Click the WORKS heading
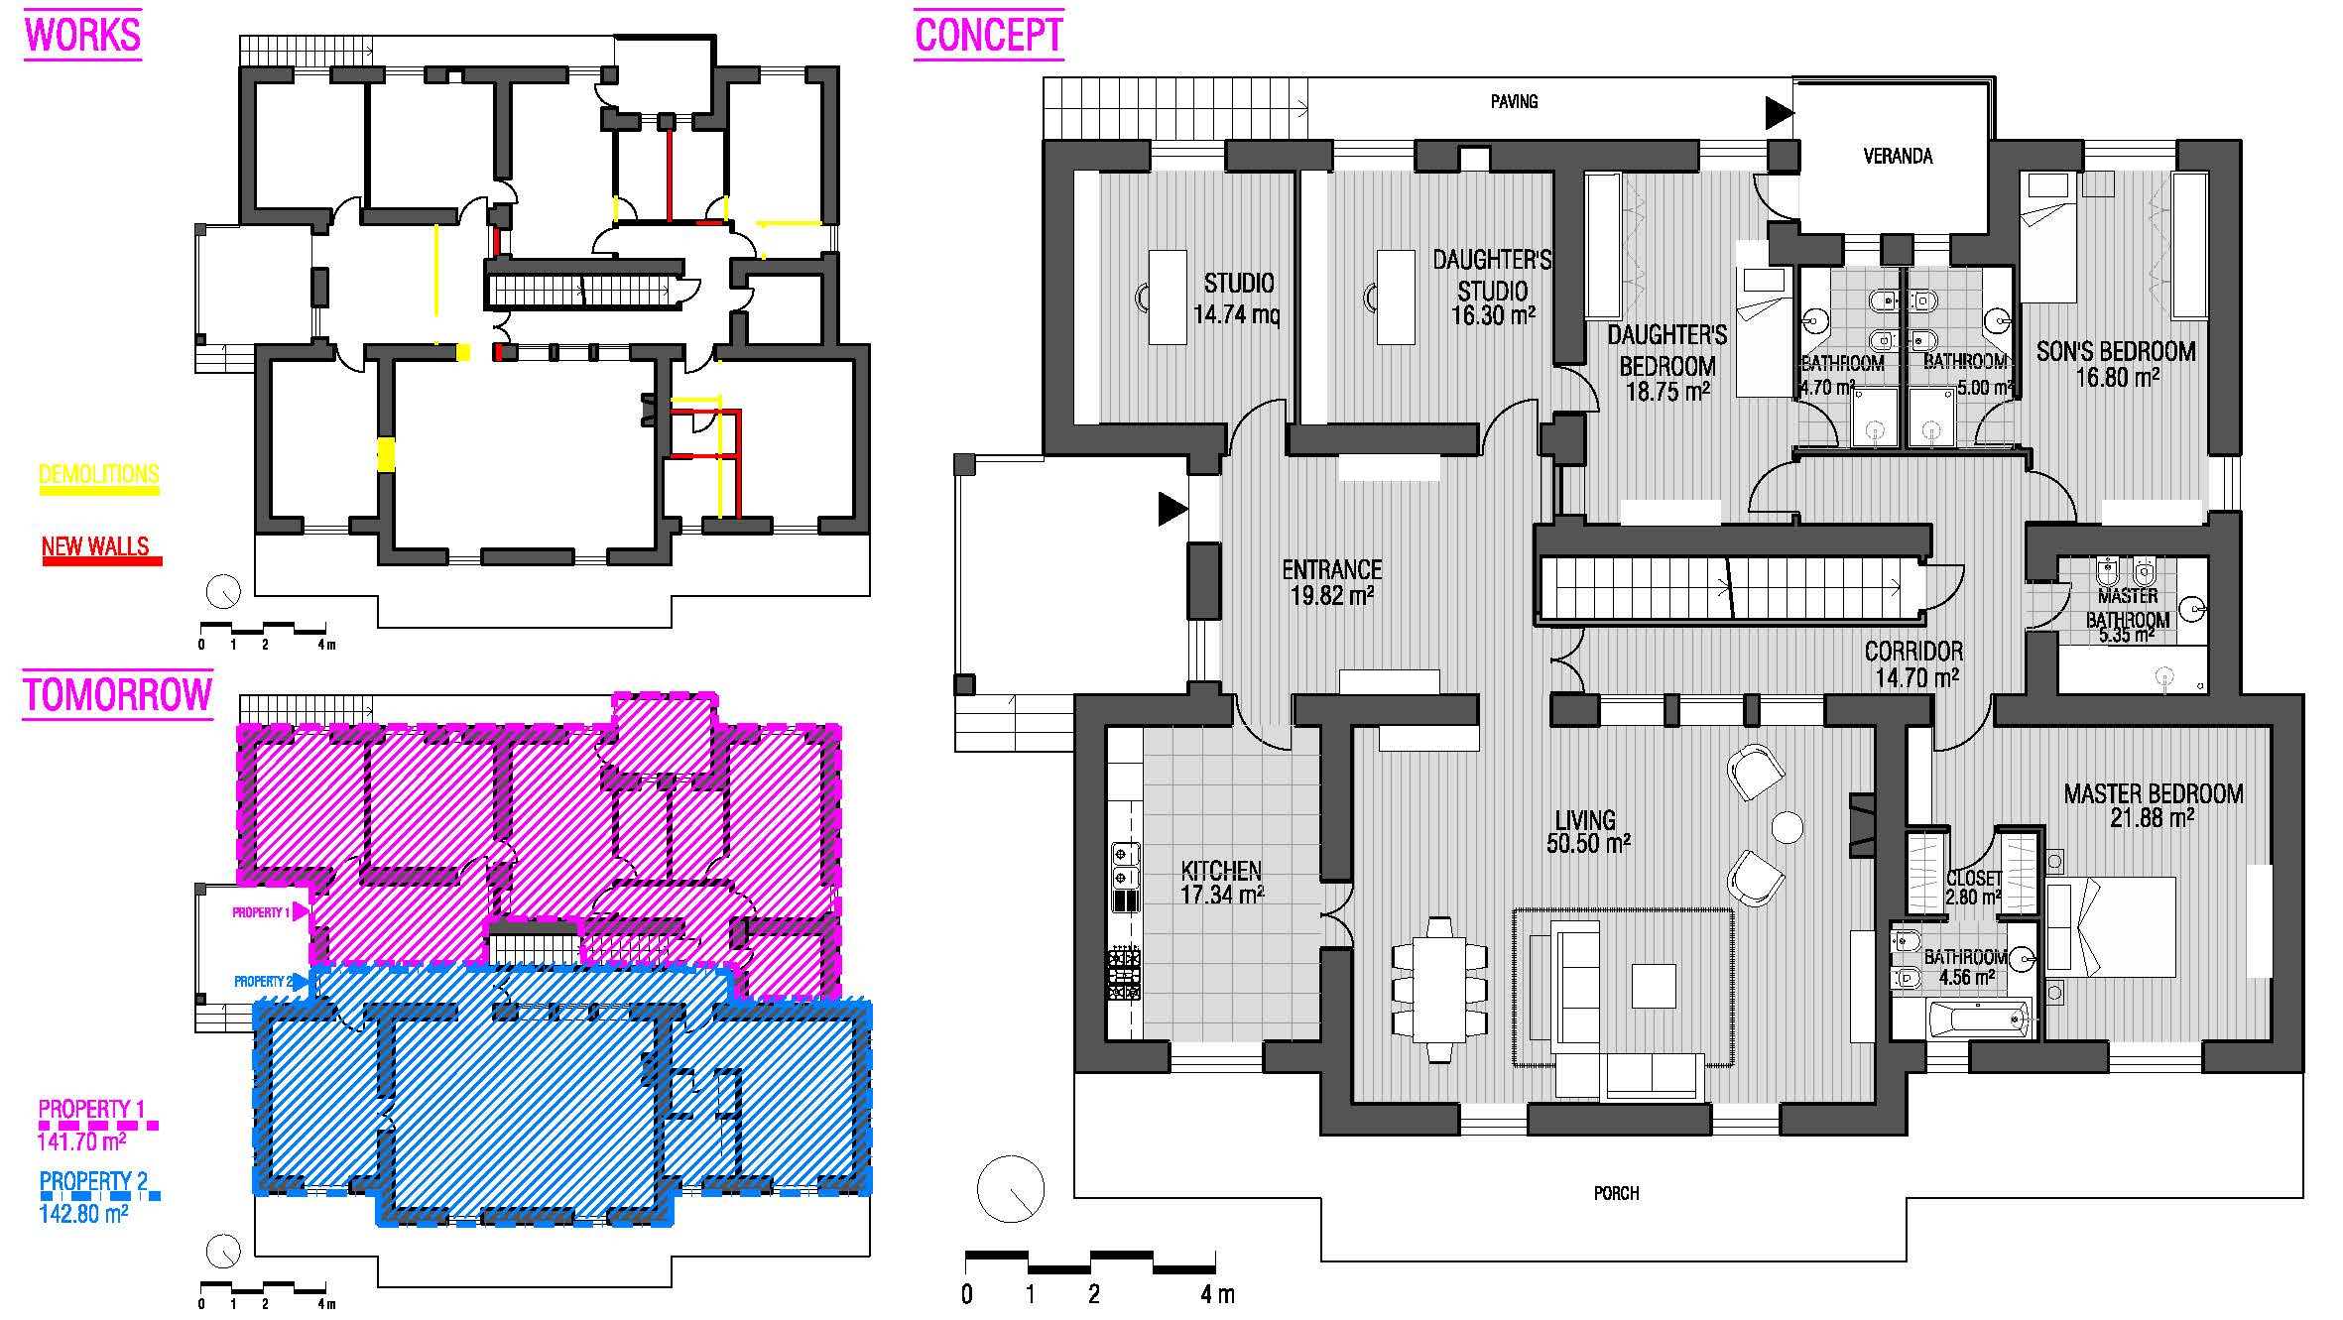tap(82, 35)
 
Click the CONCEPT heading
tap(988, 35)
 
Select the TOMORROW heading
tap(117, 694)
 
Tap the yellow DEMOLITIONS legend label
tap(98, 474)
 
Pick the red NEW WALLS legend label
tap(95, 546)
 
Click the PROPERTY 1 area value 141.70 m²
tap(81, 1141)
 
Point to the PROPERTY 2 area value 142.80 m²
tap(83, 1214)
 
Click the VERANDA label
tap(1898, 156)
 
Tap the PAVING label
tap(1514, 101)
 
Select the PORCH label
tap(1616, 1193)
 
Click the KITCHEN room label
tap(1221, 871)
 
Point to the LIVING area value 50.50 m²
tap(1588, 843)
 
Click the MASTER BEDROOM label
tap(2153, 793)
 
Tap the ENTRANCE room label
tap(1331, 569)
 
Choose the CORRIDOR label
tap(1913, 651)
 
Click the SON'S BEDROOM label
tap(2116, 351)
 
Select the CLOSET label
tap(1973, 879)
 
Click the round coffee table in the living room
tap(1787, 827)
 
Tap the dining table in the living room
tap(1438, 990)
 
